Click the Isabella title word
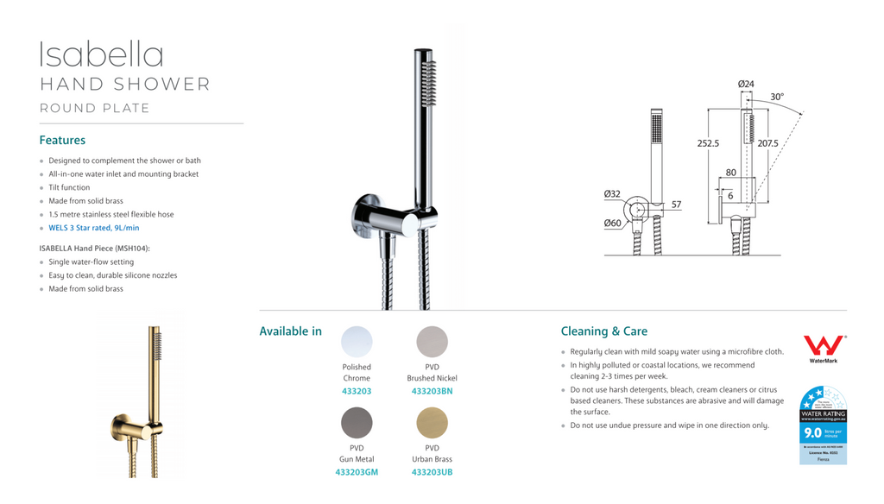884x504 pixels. [101, 55]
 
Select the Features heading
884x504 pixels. [62, 140]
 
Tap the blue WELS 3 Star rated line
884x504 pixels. [93, 228]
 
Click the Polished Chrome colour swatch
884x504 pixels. [357, 342]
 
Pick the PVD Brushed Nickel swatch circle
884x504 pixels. [432, 342]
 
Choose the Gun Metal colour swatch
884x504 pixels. [357, 423]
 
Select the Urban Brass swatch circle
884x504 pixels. [432, 423]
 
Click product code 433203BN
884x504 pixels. [432, 391]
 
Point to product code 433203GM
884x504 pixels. [357, 472]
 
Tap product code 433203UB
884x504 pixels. [432, 472]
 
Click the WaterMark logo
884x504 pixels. [823, 349]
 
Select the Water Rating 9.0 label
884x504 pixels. [823, 425]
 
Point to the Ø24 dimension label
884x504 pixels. [746, 84]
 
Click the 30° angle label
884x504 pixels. [777, 98]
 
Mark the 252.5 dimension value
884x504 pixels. [708, 143]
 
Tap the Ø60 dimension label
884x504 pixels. [612, 224]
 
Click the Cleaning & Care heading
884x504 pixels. [603, 331]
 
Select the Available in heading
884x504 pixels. [290, 331]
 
